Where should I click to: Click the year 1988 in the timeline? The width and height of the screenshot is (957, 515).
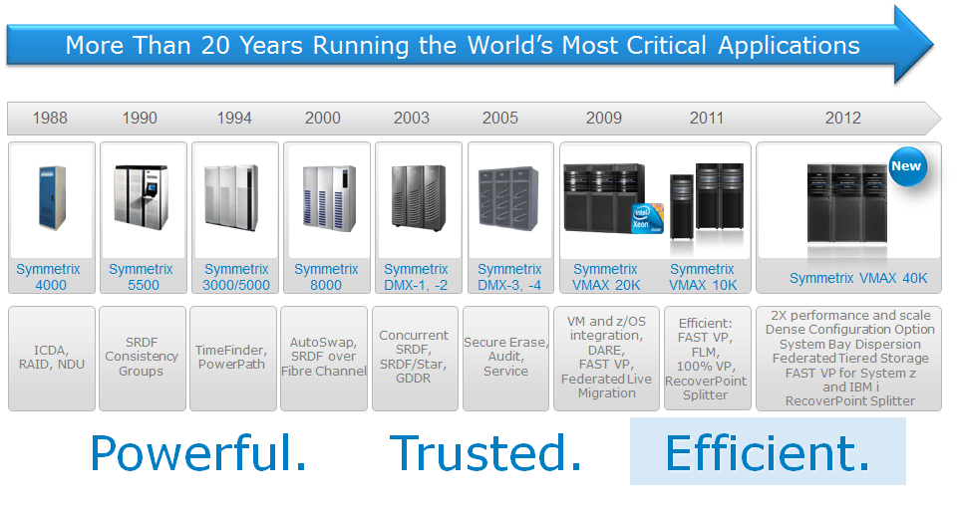point(50,118)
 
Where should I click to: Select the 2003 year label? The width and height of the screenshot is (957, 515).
point(412,118)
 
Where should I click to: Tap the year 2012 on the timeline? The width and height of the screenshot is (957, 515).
point(842,118)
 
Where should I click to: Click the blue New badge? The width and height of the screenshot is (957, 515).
point(906,166)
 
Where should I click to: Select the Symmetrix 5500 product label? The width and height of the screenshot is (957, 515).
point(141,277)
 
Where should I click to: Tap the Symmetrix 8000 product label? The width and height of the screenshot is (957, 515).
point(326,277)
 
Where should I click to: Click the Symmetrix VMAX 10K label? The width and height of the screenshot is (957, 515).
point(702,277)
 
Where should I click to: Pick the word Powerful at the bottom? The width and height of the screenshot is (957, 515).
point(198,453)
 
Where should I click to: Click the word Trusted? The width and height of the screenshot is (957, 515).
point(485,453)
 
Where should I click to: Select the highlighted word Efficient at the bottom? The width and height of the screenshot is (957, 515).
point(767,453)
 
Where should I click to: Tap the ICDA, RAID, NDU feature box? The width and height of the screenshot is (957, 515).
point(51,357)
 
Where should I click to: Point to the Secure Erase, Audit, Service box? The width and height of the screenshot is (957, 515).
point(505,357)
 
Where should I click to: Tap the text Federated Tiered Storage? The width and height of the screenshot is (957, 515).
point(849,358)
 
